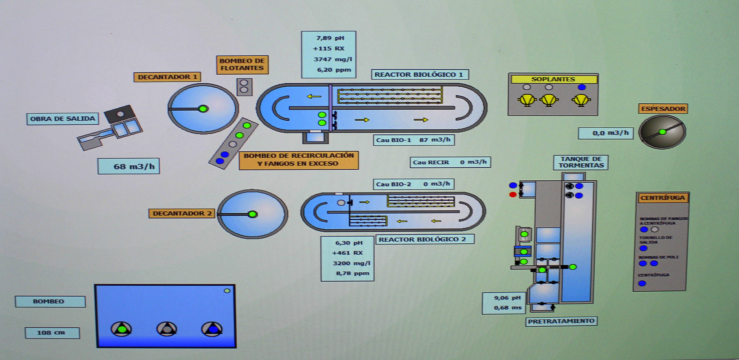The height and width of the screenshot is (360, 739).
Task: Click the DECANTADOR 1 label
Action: point(167,77)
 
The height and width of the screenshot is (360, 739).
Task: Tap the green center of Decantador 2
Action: point(252,214)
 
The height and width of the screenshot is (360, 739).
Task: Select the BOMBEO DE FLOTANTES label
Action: point(242,65)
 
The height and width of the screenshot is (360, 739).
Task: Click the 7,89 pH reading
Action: point(330,38)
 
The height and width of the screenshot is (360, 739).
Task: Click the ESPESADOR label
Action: point(663,109)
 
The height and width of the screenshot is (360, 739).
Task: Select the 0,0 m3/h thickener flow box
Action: point(606,133)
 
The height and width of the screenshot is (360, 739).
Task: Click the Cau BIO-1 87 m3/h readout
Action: point(414,140)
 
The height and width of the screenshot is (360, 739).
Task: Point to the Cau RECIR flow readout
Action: point(450,162)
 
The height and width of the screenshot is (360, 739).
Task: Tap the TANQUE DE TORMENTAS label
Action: point(581,162)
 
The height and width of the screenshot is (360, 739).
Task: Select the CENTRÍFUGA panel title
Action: point(662,198)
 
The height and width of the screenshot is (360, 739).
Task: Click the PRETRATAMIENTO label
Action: point(561,321)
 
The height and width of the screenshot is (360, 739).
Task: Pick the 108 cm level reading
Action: point(52,333)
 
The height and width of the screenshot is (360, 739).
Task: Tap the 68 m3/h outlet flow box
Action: point(129,166)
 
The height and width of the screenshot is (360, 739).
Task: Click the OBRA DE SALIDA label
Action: point(63,119)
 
